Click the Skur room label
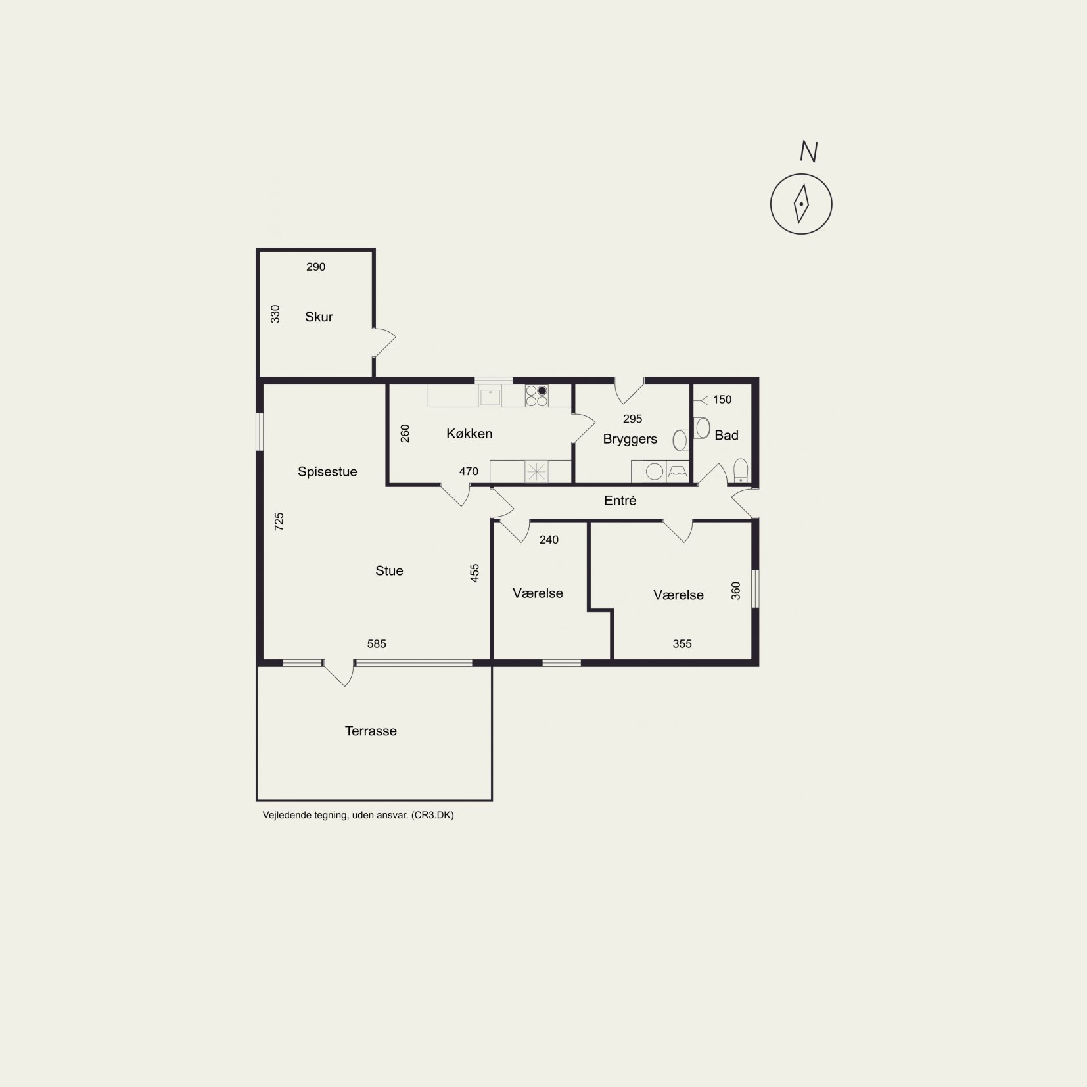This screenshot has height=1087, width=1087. pos(319,317)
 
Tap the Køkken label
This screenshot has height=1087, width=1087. pos(469,434)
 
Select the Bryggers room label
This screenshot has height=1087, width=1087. pos(630,439)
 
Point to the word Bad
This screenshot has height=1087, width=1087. pos(726,435)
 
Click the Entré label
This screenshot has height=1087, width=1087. pos(620,501)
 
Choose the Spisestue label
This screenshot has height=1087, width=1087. pos(327,472)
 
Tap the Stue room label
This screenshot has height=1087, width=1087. pos(389,571)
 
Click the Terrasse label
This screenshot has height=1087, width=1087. pos(371,731)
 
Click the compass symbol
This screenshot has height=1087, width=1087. pos(801,204)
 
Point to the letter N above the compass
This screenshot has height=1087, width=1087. pos(808,152)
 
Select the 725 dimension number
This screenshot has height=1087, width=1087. pos(279,522)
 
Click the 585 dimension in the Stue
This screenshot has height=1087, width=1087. pos(377,644)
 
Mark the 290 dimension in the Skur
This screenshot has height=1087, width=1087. pos(316,267)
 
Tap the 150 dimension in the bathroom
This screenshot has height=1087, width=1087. pos(722,400)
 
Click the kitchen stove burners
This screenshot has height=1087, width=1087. pos(536,396)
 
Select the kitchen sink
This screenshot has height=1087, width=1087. pos(490,396)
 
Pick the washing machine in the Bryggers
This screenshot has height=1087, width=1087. pos(654,471)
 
